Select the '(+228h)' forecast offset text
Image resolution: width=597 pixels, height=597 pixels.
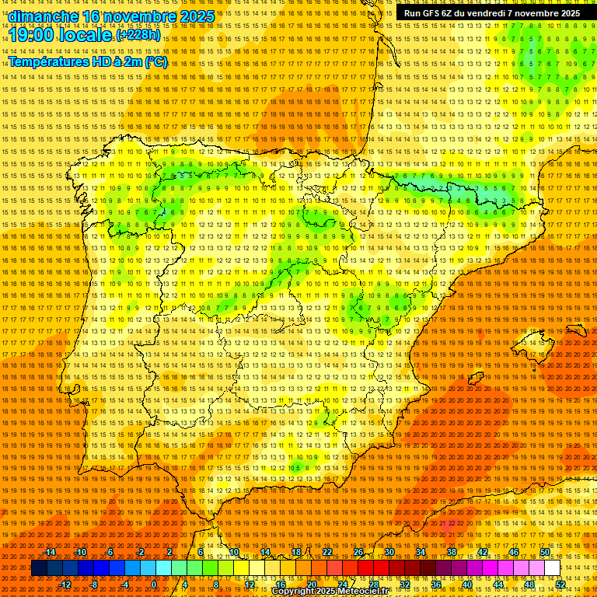tap(138, 35)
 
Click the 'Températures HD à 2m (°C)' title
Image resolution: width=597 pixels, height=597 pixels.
tap(88, 61)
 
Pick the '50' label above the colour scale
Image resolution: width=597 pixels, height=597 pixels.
tap(545, 552)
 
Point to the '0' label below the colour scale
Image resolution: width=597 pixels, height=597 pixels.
tap(154, 584)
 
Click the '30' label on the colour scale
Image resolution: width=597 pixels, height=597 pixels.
tap(389, 552)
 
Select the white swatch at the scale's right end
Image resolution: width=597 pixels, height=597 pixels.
tap(552, 567)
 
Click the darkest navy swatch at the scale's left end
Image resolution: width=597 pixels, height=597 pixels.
tap(39, 567)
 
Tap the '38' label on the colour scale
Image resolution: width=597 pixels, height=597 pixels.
tap(451, 552)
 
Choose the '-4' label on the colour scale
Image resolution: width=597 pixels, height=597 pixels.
tap(124, 584)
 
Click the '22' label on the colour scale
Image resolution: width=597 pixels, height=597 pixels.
tap(326, 552)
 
